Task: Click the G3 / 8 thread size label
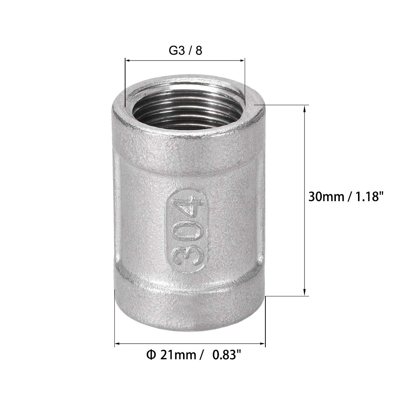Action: (x=185, y=51)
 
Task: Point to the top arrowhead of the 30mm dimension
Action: (x=305, y=108)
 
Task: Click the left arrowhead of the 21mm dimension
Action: (x=117, y=344)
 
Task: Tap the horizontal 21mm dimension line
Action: (x=190, y=344)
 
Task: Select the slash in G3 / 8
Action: (x=189, y=51)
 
